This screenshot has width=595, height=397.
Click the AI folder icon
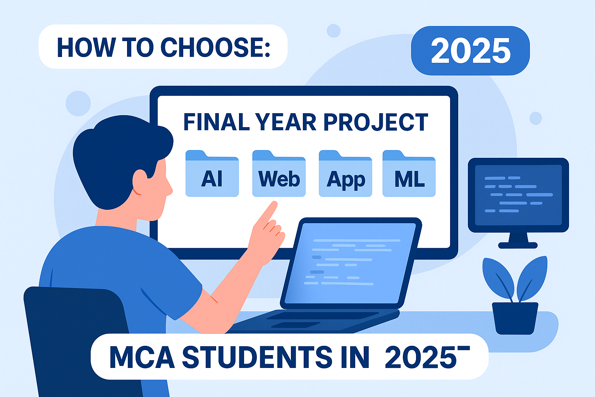pos(212,174)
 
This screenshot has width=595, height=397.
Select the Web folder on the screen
pos(279,174)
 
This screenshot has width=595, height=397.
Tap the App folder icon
pos(345,174)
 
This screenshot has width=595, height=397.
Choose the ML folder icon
pos(409,174)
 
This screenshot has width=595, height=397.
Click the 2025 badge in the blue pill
pos(470,51)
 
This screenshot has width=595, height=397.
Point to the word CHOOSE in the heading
pos(215,48)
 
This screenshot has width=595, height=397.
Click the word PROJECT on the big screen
pos(375,123)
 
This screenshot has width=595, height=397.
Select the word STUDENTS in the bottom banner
pos(257,357)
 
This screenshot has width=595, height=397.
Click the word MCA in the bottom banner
pos(142,357)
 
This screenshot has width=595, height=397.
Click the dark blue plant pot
pos(515,318)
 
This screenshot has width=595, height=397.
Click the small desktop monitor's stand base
pos(518,245)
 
